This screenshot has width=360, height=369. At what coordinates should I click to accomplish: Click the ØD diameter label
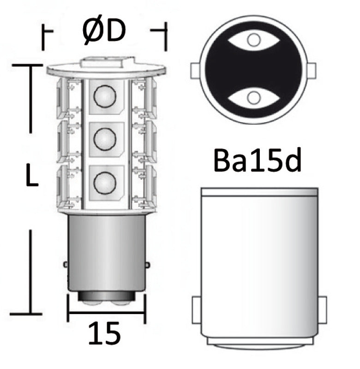104,31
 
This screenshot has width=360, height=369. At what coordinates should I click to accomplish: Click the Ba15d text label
257,161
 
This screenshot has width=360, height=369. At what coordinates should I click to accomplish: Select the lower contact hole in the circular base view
252,98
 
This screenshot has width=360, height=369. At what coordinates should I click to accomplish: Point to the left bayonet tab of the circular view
195,70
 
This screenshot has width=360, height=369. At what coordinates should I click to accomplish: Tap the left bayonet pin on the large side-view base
196,309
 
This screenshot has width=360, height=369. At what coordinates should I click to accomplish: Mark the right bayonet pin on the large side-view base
322,309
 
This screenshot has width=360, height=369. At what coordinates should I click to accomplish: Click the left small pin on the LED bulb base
66,265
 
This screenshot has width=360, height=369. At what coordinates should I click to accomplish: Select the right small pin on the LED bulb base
147,265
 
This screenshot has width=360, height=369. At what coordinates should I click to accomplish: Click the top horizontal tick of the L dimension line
27,65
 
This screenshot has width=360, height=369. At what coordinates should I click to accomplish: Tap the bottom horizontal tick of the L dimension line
26,314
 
